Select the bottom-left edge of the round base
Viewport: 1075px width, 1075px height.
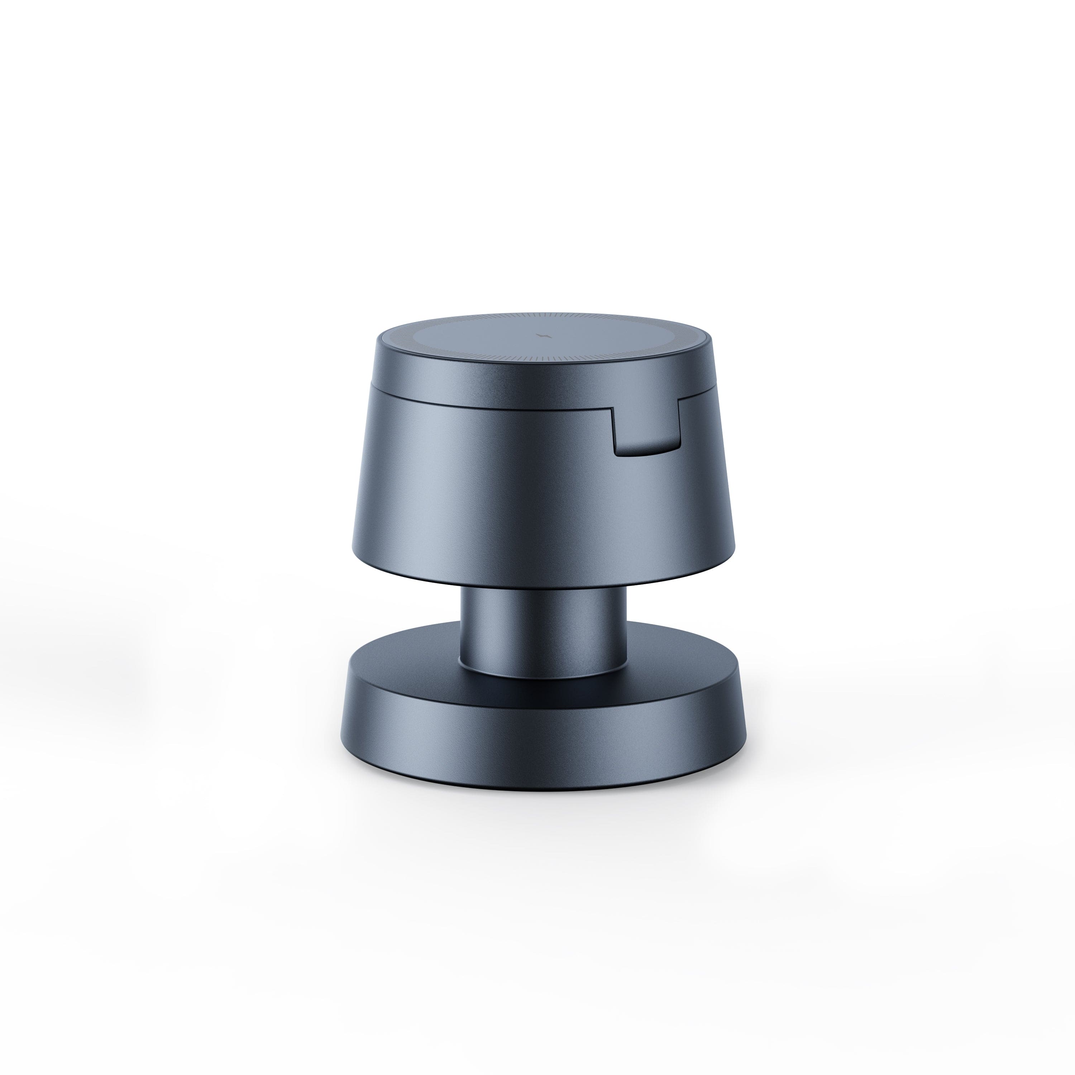point(348,746)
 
